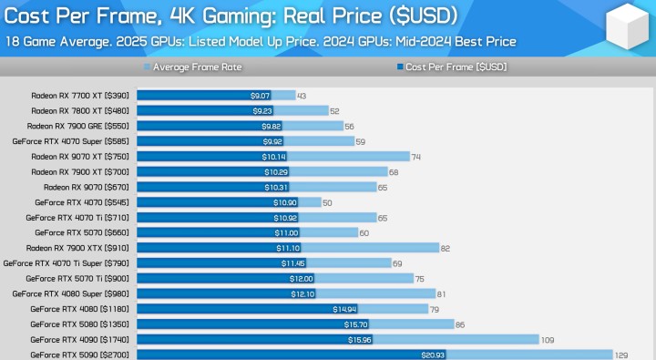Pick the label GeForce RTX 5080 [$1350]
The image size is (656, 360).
click(x=78, y=324)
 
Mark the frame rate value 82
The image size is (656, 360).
click(x=446, y=248)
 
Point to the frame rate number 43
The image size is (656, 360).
click(x=302, y=96)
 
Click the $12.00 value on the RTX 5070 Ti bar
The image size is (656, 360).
click(x=302, y=278)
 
